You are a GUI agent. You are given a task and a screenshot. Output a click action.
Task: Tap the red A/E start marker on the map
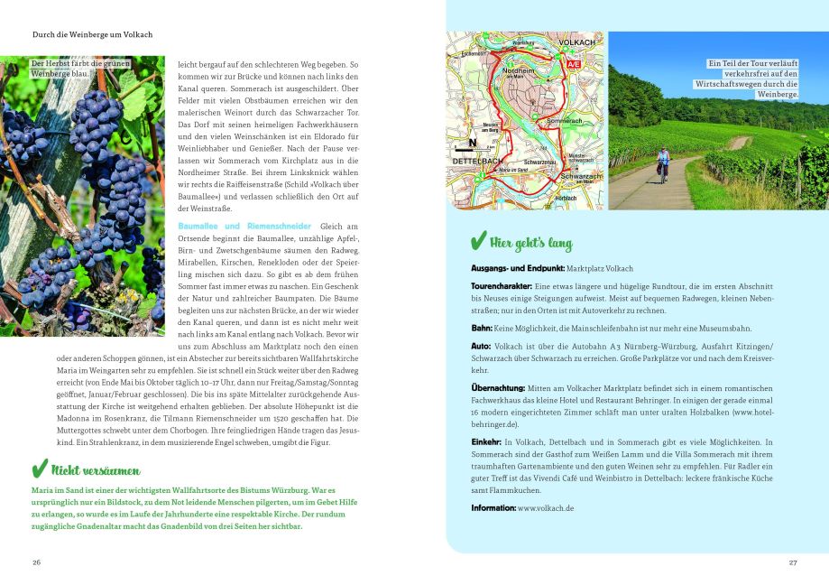pyautogui.click(x=574, y=65)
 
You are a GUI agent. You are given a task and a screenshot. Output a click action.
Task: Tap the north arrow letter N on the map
pyautogui.click(x=470, y=143)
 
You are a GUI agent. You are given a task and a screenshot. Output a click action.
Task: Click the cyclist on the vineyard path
pyautogui.click(x=663, y=162)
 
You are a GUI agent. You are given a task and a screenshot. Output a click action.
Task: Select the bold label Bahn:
pyautogui.click(x=482, y=328)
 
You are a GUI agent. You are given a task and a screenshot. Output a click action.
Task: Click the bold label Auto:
pyautogui.click(x=482, y=346)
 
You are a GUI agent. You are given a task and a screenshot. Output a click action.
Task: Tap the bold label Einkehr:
pyautogui.click(x=486, y=441)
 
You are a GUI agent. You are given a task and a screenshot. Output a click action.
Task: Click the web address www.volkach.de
pyautogui.click(x=546, y=508)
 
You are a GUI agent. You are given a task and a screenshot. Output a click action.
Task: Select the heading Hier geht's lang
pyautogui.click(x=530, y=244)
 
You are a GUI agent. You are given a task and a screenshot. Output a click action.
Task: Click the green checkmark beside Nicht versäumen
pyautogui.click(x=39, y=469)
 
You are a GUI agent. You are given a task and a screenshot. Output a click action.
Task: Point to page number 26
pyautogui.click(x=36, y=562)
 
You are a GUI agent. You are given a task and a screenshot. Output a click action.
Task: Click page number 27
pyautogui.click(x=793, y=562)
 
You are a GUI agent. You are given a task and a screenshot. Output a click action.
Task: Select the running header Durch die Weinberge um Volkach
pyautogui.click(x=92, y=34)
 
